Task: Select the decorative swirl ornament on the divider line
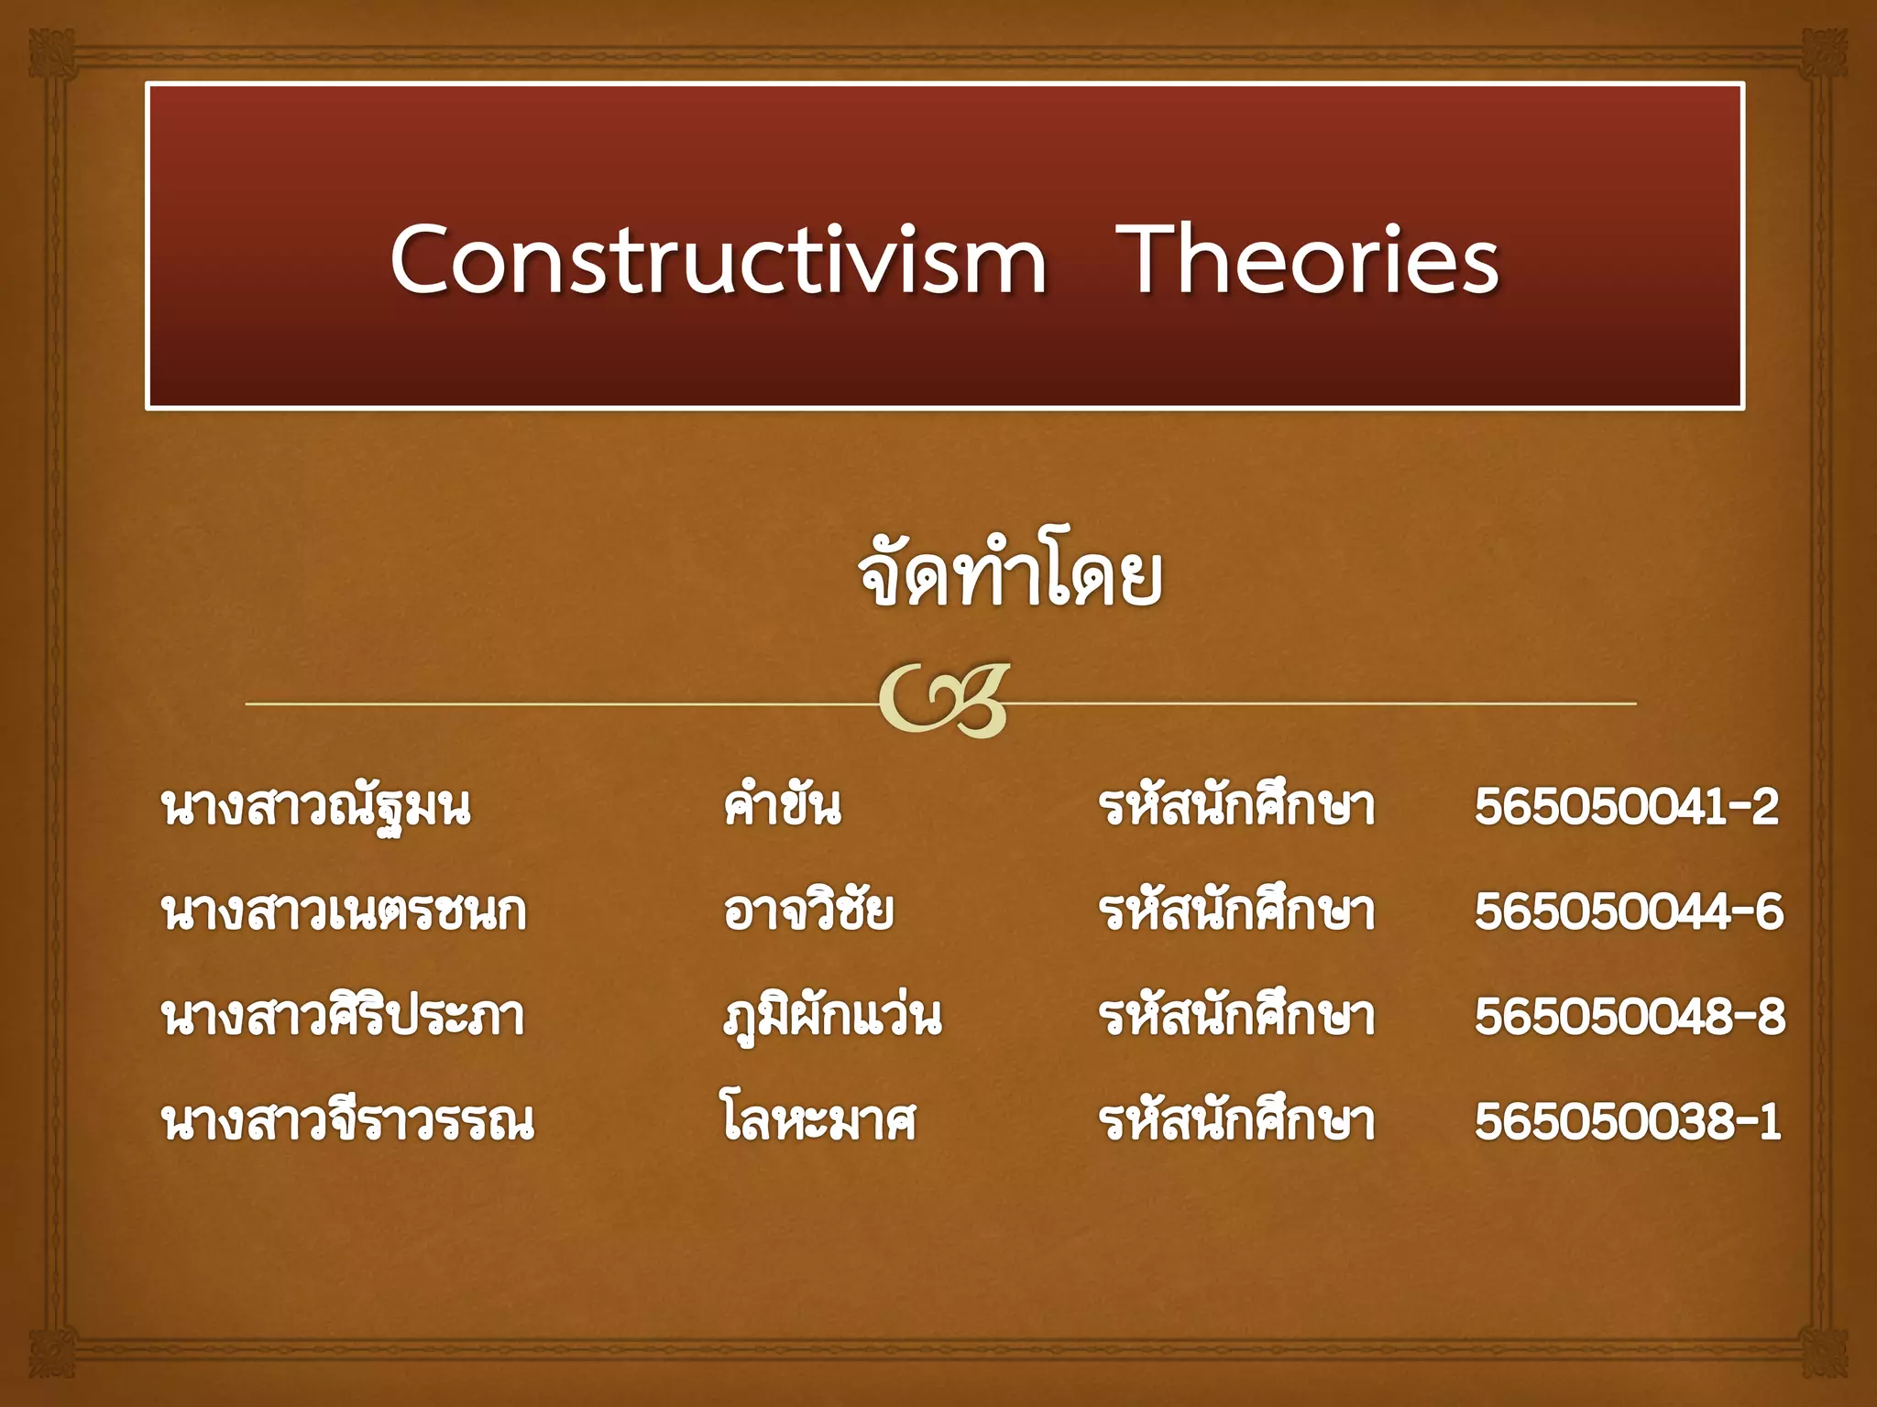[x=944, y=701]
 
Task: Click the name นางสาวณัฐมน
[x=316, y=807]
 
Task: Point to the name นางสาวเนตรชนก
[x=344, y=912]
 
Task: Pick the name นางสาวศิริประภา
[x=343, y=1017]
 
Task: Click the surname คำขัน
[x=782, y=805]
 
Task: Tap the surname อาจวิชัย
[x=807, y=911]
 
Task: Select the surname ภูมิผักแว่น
[x=831, y=1017]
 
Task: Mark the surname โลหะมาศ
[x=818, y=1121]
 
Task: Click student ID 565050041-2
[x=1626, y=807]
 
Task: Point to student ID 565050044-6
[x=1629, y=912]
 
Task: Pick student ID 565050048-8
[x=1630, y=1017]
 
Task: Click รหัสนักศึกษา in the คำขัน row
[x=1236, y=806]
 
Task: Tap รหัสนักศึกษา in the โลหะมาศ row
[x=1236, y=1121]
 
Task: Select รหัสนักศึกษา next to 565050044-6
[x=1236, y=911]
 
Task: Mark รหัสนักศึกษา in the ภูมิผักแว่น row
[x=1236, y=1016]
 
